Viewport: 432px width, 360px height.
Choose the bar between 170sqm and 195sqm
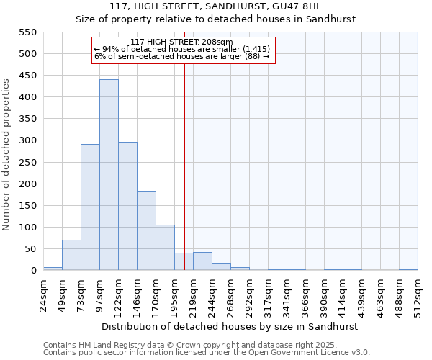pyautogui.click(x=165, y=248)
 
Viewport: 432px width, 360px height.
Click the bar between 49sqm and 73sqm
pyautogui.click(x=71, y=255)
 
